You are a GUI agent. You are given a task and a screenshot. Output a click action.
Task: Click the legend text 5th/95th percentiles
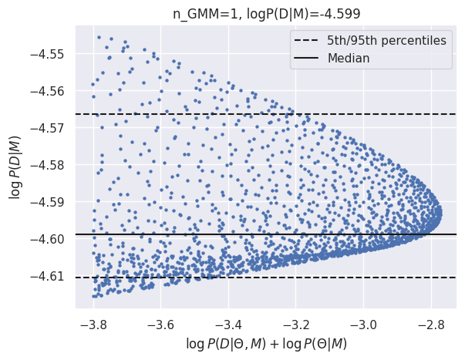tap(386, 40)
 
